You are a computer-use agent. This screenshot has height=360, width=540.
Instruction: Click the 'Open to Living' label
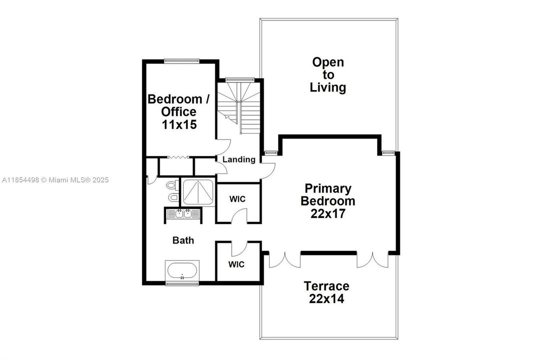coord(328,75)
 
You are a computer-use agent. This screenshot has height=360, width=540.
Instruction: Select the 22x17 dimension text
coord(328,214)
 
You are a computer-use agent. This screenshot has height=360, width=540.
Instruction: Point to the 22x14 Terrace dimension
coord(327,299)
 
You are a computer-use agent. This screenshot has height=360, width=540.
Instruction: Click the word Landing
coord(239,160)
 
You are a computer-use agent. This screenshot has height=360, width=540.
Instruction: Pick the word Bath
coord(183,240)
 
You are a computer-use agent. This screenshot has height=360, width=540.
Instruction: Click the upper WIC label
coord(237,199)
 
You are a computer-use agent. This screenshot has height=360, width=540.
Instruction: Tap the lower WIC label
coord(237,264)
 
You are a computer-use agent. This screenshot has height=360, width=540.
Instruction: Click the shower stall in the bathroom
coord(198,192)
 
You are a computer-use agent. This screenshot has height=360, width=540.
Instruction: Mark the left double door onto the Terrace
coord(285,259)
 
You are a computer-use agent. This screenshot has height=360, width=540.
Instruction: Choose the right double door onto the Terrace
coord(372,259)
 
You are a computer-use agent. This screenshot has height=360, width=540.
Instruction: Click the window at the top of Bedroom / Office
coord(182,61)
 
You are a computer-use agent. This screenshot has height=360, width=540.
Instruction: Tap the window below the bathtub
coord(182,284)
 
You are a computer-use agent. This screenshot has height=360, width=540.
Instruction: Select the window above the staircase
coord(240,79)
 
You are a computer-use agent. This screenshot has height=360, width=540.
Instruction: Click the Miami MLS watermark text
coord(55,180)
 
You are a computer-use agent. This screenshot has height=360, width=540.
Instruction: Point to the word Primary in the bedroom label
coord(328,189)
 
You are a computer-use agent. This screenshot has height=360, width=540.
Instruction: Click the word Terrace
coord(327,286)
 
